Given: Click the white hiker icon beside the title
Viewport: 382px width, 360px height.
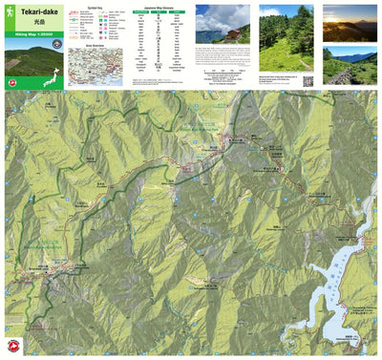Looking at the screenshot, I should [9, 11].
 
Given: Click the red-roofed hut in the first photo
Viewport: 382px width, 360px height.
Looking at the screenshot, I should [233, 33].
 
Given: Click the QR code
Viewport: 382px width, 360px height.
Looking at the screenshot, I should [308, 80].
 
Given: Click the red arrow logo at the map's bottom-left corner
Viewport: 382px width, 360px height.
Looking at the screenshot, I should [13, 345].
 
